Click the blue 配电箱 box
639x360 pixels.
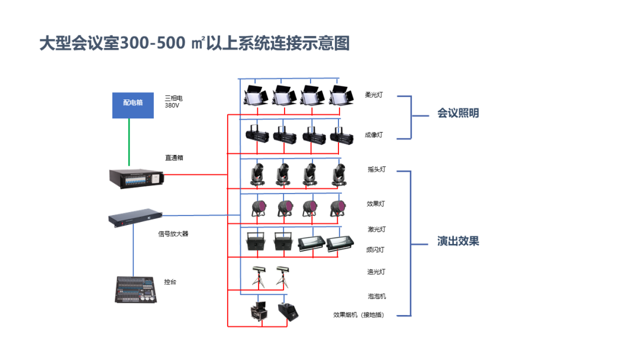click(x=133, y=105)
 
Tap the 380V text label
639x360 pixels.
click(x=172, y=105)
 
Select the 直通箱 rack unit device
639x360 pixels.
click(x=137, y=179)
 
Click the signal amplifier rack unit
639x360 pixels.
click(x=135, y=218)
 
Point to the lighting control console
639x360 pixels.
click(x=135, y=290)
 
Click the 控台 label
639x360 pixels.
click(x=170, y=282)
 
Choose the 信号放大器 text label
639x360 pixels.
click(x=173, y=234)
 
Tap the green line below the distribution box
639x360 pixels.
click(x=129, y=142)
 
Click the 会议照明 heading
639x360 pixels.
click(x=458, y=113)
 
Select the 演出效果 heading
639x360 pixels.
click(x=458, y=241)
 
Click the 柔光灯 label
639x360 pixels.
click(x=374, y=95)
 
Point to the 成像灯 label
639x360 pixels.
click(x=374, y=134)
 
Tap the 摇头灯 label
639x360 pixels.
click(x=376, y=169)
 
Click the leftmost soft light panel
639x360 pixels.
click(x=256, y=96)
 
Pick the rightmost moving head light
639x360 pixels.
click(x=339, y=175)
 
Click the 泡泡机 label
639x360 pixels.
click(x=377, y=297)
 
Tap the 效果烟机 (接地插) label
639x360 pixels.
click(x=359, y=315)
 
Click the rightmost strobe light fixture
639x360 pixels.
click(x=340, y=243)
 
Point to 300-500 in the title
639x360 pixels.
click(x=153, y=43)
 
